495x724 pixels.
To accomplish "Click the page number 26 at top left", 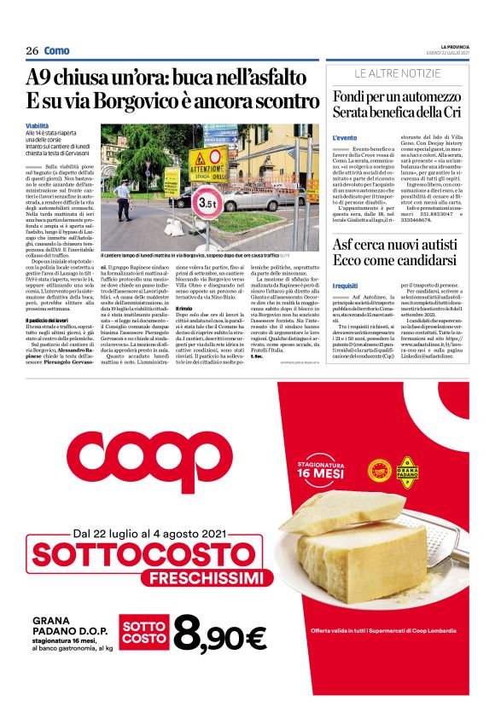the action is tap(32, 50).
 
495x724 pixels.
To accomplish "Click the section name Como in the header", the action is tap(57, 50).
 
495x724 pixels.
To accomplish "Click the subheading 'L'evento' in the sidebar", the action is tap(345, 137).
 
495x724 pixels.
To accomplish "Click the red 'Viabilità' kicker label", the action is tap(38, 126).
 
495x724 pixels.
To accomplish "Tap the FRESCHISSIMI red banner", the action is tap(188, 579).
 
